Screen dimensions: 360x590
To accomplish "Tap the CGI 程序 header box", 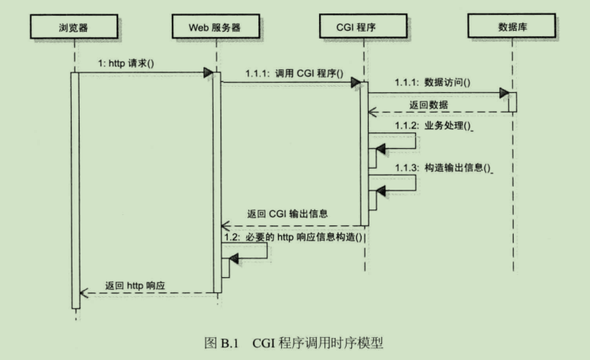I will tap(365, 28).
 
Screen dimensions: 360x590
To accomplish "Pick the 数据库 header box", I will tap(512, 28).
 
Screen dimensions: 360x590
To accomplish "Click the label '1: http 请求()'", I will tap(125, 63).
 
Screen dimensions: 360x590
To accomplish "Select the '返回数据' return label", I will tap(430, 104).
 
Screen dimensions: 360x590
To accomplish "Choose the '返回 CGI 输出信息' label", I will tap(288, 213).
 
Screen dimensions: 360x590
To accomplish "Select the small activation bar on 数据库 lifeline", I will tap(512, 102).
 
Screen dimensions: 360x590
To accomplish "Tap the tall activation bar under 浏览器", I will tap(75, 189).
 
